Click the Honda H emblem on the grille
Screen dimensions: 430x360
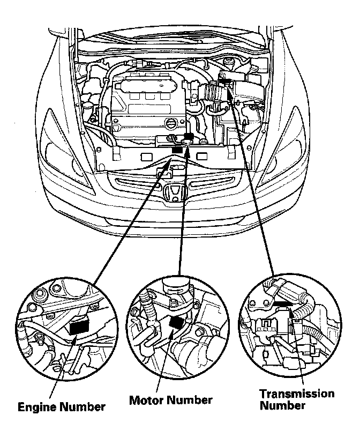174,193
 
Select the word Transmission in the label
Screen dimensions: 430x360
296,394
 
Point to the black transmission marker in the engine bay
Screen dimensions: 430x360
226,82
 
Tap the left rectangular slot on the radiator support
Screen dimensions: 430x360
144,157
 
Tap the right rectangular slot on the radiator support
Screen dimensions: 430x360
202,156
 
